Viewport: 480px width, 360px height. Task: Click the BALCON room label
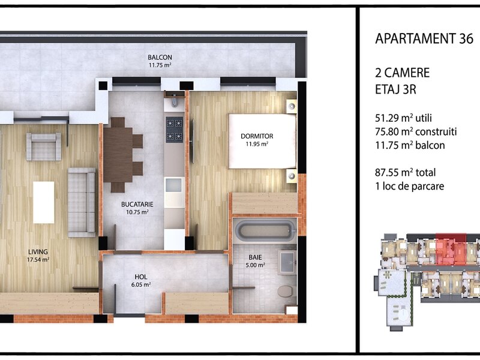pos(160,57)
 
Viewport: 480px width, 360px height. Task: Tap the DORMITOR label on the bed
pos(257,136)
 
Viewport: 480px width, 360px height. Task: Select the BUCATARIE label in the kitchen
pos(137,205)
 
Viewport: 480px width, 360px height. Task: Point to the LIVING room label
pos(38,252)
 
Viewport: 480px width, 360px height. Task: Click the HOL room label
pos(141,277)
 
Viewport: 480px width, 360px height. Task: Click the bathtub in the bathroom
pos(265,231)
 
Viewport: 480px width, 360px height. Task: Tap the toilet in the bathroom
pos(286,292)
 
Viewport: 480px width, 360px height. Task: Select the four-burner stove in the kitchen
pos(175,129)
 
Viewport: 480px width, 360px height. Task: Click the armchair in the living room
pos(43,146)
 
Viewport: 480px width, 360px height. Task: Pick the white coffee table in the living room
pos(43,203)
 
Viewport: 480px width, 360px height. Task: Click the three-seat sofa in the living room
pos(82,202)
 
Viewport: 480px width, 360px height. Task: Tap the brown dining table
pos(118,155)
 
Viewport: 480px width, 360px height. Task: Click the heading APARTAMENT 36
pos(424,39)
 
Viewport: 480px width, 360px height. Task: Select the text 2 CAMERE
pos(402,73)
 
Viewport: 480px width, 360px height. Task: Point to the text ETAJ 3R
pos(395,89)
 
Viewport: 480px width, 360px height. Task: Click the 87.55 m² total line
pos(406,173)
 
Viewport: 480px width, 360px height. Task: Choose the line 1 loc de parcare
pos(410,186)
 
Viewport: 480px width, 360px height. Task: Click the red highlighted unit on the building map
pos(451,250)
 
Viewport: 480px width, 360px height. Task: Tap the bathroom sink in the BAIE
pos(287,262)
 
